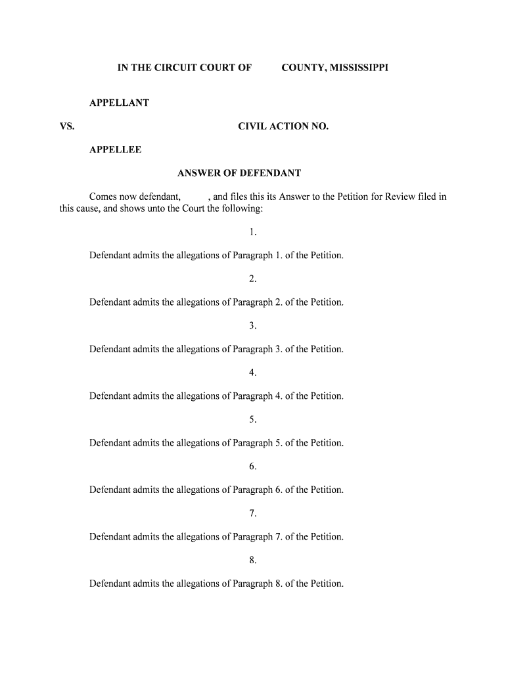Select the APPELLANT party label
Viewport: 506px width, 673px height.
(x=119, y=103)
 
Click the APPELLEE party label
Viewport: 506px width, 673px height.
(x=115, y=150)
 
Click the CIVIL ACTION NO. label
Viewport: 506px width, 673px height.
(x=283, y=126)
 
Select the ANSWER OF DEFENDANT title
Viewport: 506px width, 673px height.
(x=239, y=174)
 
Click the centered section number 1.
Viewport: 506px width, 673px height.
(x=252, y=232)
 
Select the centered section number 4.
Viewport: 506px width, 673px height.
(x=252, y=373)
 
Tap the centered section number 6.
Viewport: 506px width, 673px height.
(x=252, y=467)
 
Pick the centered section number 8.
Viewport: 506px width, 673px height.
(x=252, y=561)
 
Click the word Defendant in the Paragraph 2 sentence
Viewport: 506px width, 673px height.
(x=110, y=302)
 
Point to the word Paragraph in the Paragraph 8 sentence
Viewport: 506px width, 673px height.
(x=253, y=584)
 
